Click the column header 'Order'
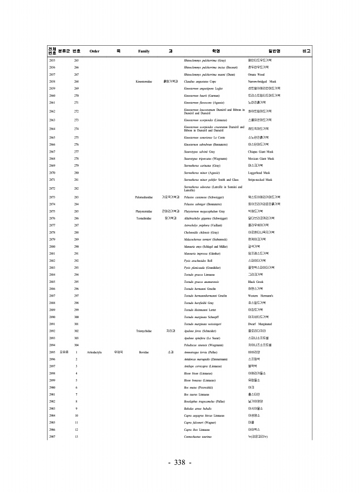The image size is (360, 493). tap(94, 51)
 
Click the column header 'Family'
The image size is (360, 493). tap(143, 51)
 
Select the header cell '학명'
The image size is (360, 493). tap(216, 51)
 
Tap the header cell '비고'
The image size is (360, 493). tap(305, 51)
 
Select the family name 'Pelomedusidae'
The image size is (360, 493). tap(144, 197)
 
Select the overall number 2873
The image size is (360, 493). tap(52, 197)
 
